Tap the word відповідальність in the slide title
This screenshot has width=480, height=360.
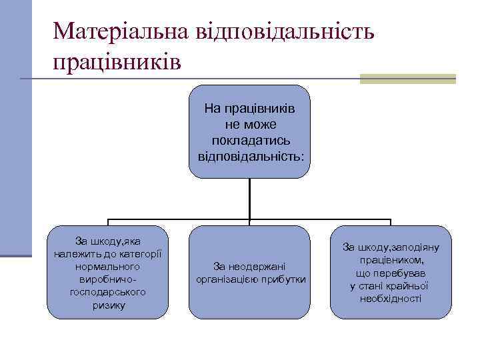(284, 31)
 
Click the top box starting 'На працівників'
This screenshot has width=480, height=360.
(249, 131)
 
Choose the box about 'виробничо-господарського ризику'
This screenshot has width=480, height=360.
(107, 272)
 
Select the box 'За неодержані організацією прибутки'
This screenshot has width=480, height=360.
(249, 272)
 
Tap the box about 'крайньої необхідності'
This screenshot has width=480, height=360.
(390, 272)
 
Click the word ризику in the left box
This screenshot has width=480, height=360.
(108, 305)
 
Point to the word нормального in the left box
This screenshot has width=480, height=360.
(107, 265)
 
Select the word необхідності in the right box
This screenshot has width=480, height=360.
(390, 298)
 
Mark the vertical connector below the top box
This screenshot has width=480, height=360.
(249, 198)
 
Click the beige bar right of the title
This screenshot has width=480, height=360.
(407, 79)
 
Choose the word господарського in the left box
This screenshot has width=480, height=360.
(107, 291)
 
